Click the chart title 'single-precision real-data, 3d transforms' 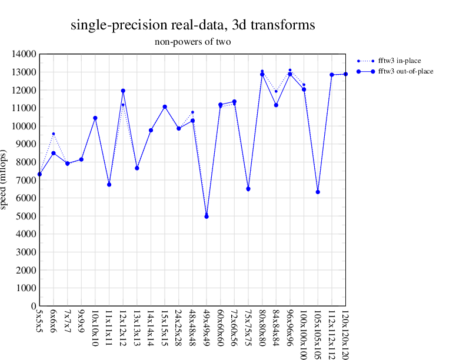tap(192, 25)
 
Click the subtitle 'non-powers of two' tap(192, 42)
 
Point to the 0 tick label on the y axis tap(34, 306)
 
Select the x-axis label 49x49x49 tap(207, 330)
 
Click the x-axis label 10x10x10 tap(95, 330)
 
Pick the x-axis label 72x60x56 tap(234, 330)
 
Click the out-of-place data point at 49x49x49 tap(207, 216)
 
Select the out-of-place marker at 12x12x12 tap(123, 91)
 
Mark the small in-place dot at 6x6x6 tap(54, 134)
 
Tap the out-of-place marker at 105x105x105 tap(318, 192)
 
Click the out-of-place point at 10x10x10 tap(95, 118)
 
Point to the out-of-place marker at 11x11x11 tap(109, 185)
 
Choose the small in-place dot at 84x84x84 tap(276, 91)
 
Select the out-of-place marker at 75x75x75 tap(248, 189)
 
